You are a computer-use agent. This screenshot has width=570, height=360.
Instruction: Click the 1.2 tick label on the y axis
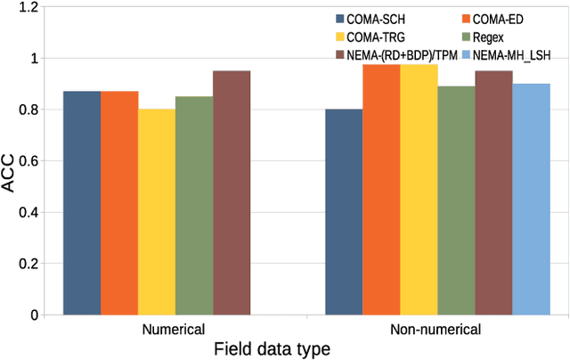(31, 8)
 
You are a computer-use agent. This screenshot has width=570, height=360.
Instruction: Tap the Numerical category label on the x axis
(174, 330)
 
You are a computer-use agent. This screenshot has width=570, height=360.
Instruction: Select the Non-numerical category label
(436, 330)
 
